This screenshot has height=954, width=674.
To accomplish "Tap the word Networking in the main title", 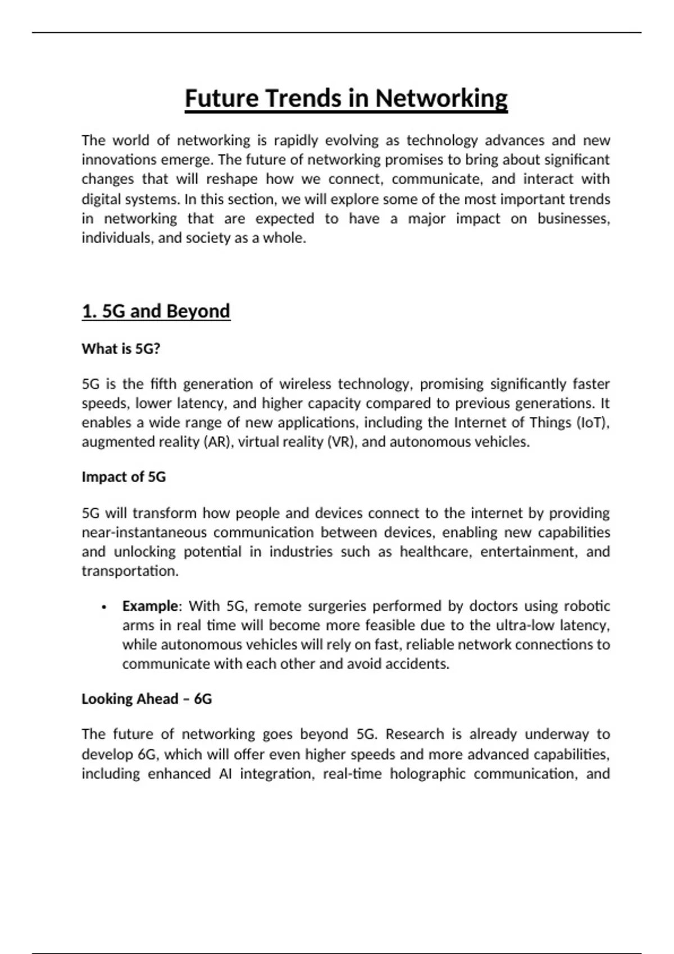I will (441, 98).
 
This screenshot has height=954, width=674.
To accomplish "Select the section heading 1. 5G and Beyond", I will (156, 311).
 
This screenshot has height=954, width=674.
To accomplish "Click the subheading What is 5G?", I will (121, 348).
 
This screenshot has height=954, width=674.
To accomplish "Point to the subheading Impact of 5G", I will (124, 476).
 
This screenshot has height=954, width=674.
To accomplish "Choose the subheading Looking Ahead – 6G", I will (147, 699).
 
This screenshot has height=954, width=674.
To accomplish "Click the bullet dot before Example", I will (104, 607).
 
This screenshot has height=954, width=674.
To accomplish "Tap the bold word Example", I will (150, 606).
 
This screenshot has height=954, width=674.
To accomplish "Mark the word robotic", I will (587, 606).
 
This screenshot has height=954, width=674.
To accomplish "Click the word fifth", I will (162, 384).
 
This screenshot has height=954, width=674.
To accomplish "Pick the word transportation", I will (130, 571).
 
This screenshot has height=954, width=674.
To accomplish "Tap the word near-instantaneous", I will (144, 532).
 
